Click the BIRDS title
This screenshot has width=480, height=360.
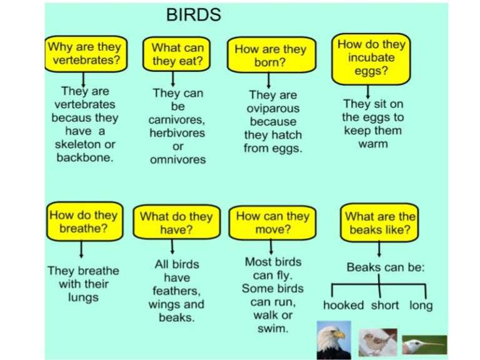pyautogui.click(x=193, y=14)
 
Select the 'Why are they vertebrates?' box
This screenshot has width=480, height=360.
pyautogui.click(x=84, y=53)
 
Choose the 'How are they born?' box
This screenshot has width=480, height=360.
pyautogui.click(x=269, y=55)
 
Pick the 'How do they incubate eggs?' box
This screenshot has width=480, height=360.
pyautogui.click(x=371, y=57)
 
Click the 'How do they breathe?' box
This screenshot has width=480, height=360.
pyautogui.click(x=82, y=221)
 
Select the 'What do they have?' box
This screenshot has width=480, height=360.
pyautogui.click(x=176, y=223)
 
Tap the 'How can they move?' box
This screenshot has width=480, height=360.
pyautogui.click(x=272, y=222)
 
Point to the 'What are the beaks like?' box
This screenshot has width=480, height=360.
pyautogui.click(x=379, y=223)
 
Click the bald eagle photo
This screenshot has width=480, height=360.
pyautogui.click(x=334, y=339)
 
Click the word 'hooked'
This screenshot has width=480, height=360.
pyautogui.click(x=343, y=306)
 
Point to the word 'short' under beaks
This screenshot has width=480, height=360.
pyautogui.click(x=385, y=306)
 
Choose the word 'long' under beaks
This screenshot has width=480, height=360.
pyautogui.click(x=421, y=306)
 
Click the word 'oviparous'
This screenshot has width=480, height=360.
pyautogui.click(x=270, y=109)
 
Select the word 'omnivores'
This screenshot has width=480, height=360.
pyautogui.click(x=177, y=159)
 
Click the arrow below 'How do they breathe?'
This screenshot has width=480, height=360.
pyautogui.click(x=82, y=249)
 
